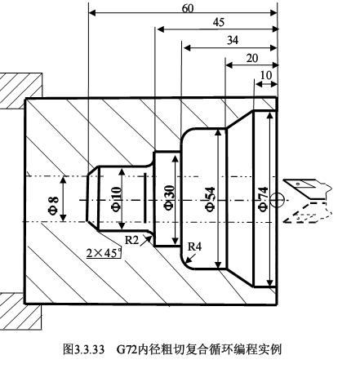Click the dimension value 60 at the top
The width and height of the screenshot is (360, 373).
coord(189,7)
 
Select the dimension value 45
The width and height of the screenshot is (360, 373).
coord(218,23)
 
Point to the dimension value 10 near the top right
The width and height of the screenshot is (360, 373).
coord(265,75)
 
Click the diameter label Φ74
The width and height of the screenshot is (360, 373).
coord(262,198)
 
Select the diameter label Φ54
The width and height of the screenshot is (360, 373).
coord(210,198)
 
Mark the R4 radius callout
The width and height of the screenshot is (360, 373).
coord(194,246)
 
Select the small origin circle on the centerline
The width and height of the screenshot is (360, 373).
coord(278,198)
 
